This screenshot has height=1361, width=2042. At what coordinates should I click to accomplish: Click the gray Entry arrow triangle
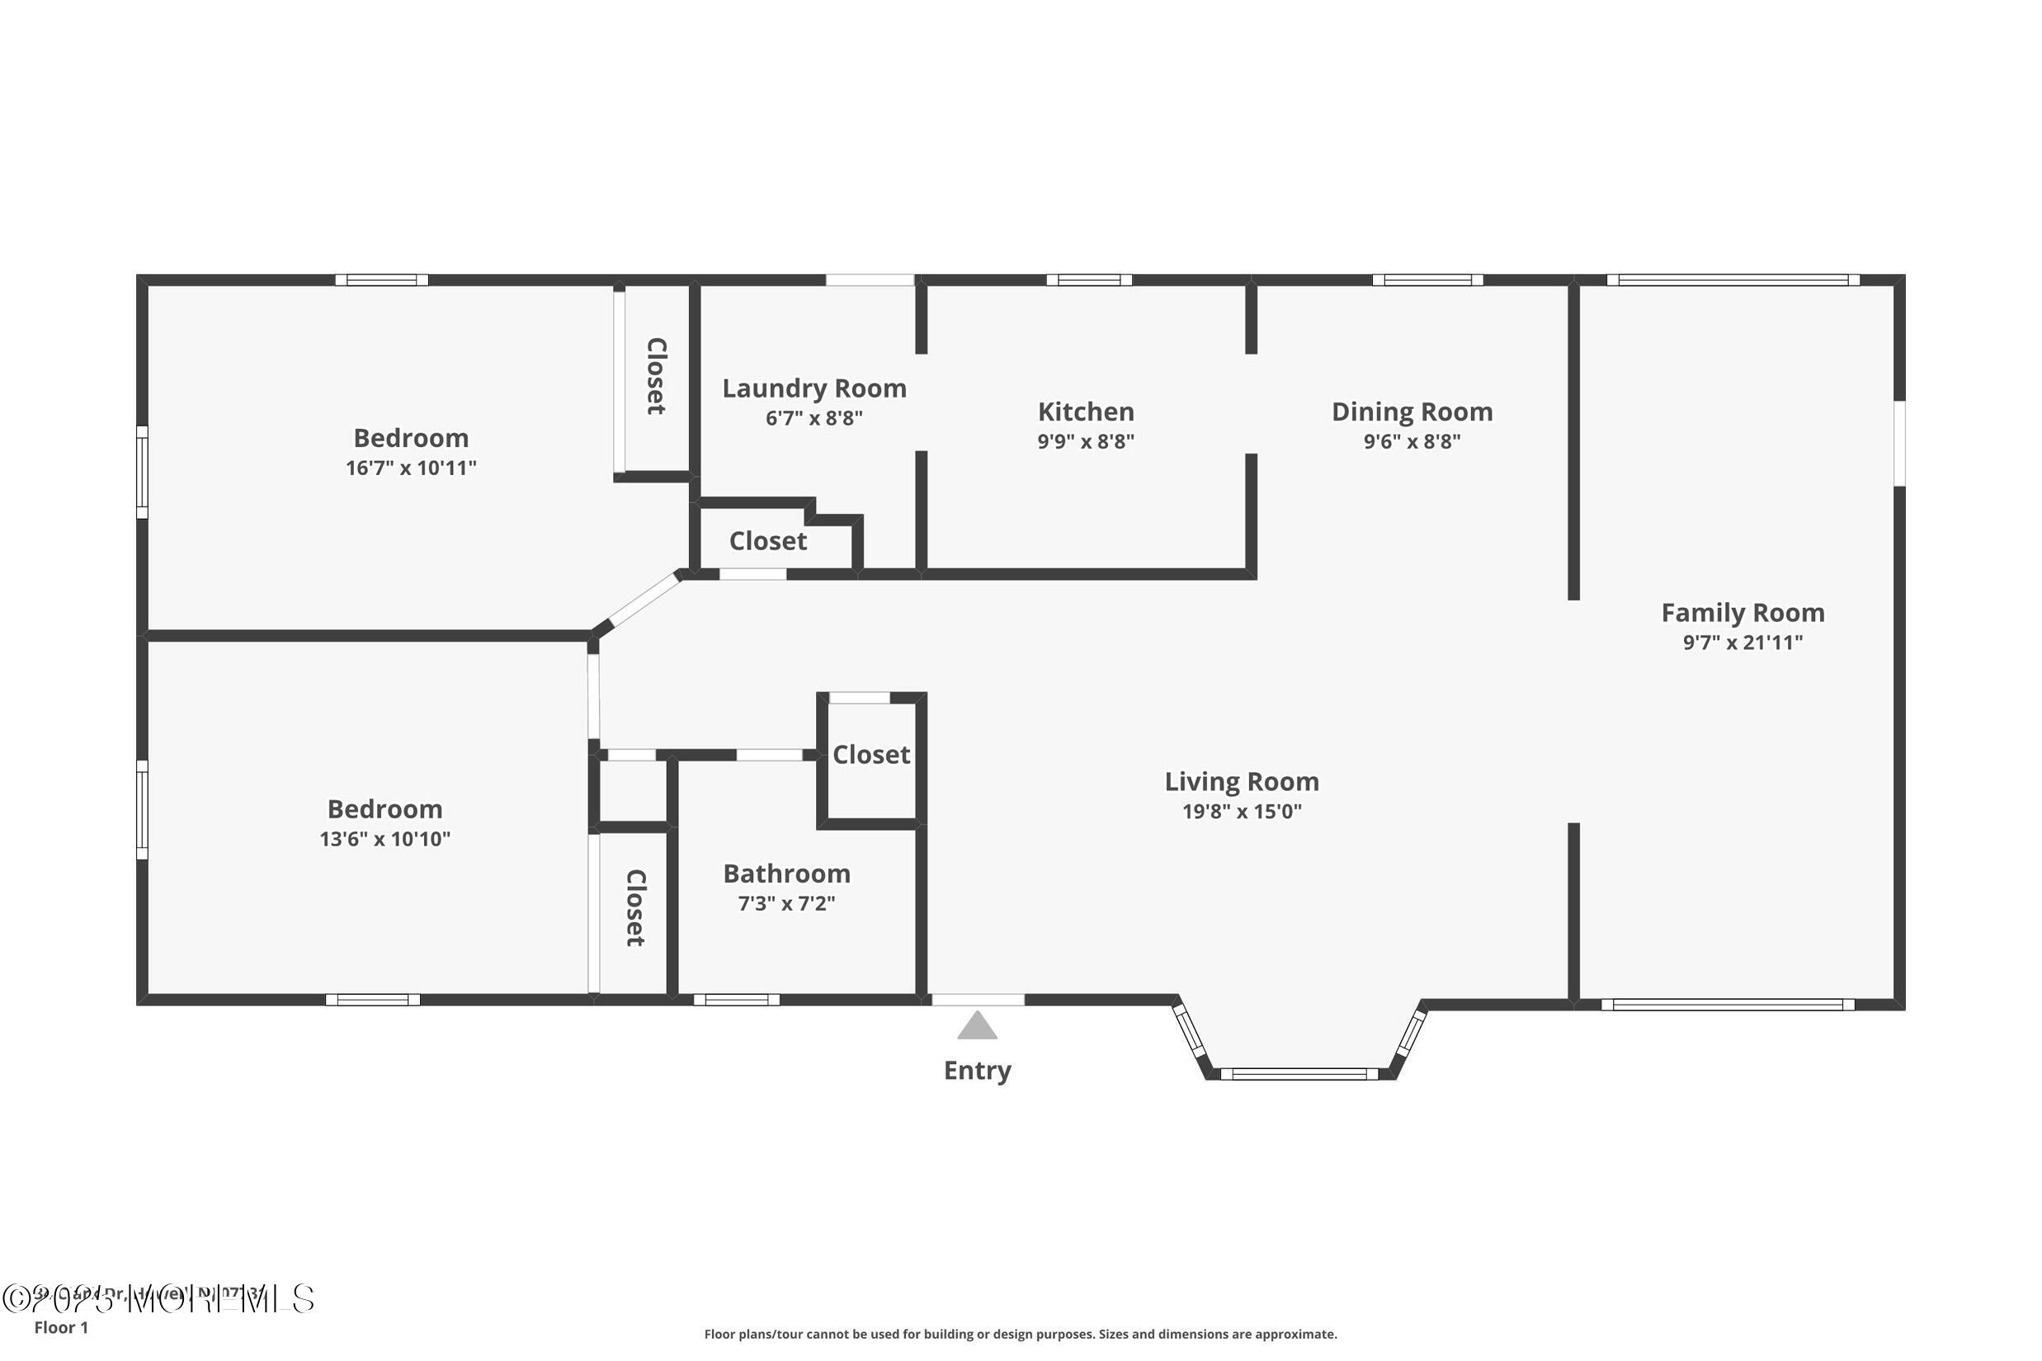[x=977, y=1026]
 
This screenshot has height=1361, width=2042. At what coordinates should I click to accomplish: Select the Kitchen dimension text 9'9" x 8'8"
[x=1085, y=441]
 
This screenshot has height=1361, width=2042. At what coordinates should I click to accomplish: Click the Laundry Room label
[x=813, y=388]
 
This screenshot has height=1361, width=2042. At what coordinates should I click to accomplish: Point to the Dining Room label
[x=1412, y=412]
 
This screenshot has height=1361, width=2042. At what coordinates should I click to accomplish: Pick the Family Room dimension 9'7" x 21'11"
[x=1742, y=643]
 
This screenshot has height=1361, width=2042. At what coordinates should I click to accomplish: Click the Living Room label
[x=1241, y=781]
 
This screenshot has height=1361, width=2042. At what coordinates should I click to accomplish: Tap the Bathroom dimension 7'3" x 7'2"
[x=785, y=903]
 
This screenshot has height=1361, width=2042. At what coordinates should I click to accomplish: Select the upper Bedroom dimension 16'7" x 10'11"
[x=411, y=468]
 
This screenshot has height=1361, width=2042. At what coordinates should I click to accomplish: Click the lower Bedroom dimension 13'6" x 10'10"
[x=384, y=839]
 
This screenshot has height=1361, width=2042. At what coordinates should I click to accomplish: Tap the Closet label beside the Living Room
[x=870, y=754]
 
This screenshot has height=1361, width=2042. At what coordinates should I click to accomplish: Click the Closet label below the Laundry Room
[x=767, y=541]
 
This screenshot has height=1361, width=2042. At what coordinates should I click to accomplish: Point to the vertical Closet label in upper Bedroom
[x=657, y=376]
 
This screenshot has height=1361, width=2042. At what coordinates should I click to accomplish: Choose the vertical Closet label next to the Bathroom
[x=635, y=908]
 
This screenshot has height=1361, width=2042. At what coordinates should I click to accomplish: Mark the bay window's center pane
[x=1299, y=1074]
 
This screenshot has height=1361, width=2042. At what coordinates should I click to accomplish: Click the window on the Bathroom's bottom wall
[x=735, y=1000]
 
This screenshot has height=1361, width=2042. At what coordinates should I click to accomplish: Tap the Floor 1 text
[x=61, y=1327]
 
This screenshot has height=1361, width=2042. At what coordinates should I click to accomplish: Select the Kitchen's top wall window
[x=1088, y=280]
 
